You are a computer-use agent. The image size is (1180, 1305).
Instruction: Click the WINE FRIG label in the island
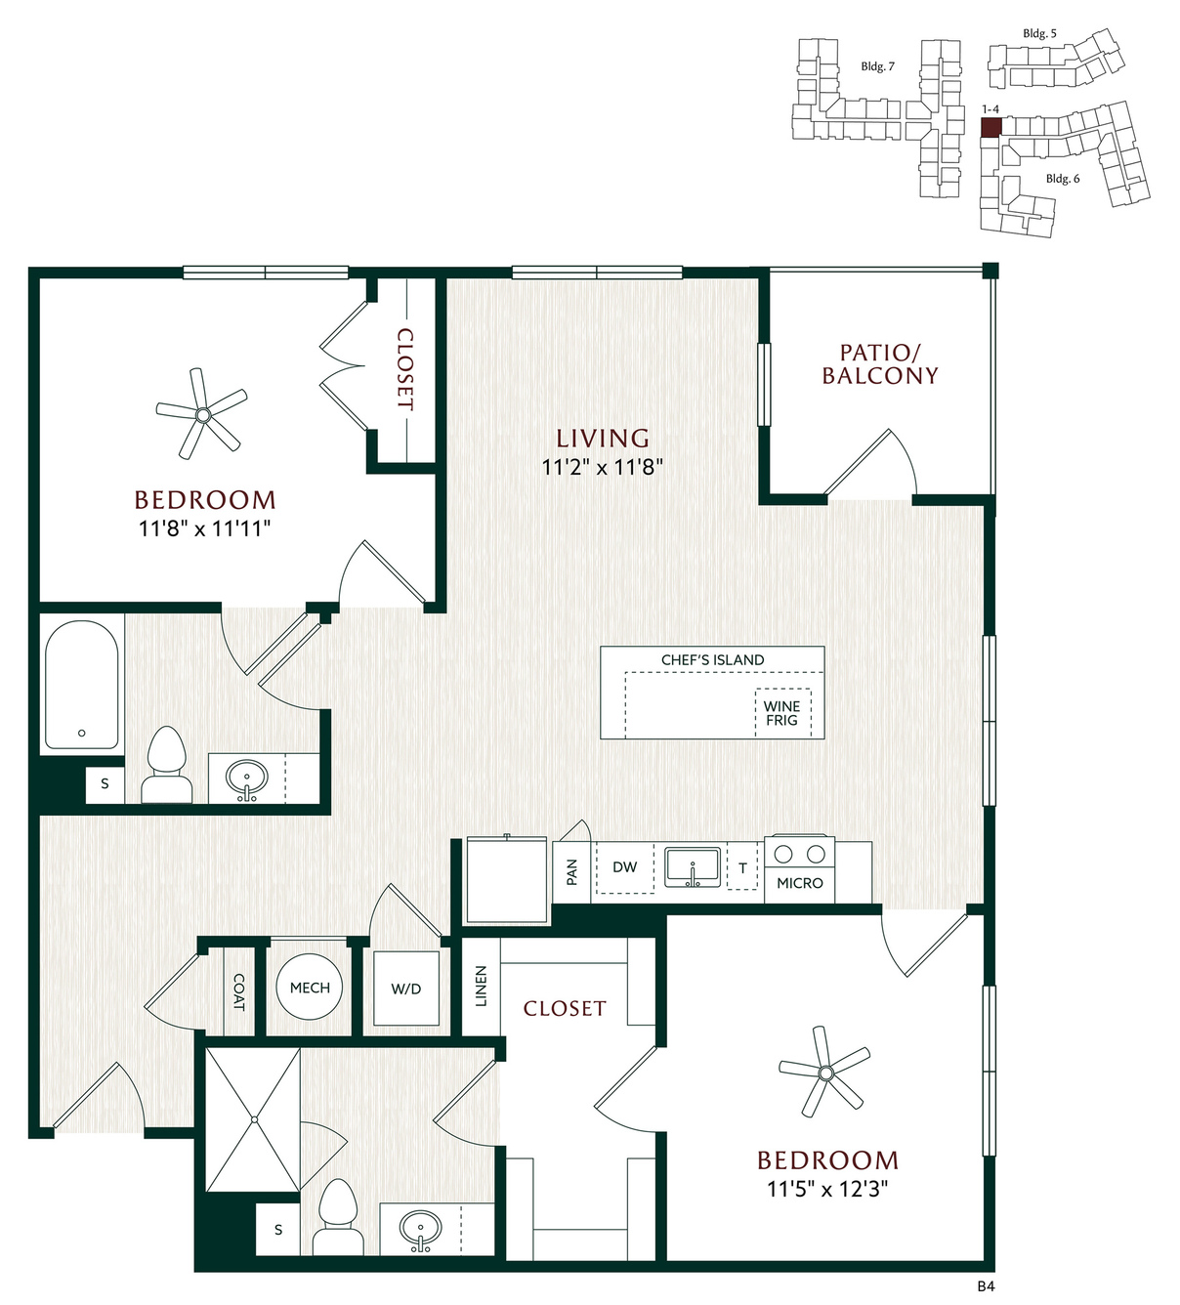coord(781,714)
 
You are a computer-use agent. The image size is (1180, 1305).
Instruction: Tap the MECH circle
coord(310,988)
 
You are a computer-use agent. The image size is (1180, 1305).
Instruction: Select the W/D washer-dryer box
coord(406,989)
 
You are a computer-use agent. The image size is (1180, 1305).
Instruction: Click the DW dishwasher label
coord(625,867)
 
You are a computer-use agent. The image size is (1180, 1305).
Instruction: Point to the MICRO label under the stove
coord(800,883)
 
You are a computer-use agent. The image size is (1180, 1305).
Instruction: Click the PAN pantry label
coord(572,872)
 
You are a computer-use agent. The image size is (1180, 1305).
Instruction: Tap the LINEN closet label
coord(481,987)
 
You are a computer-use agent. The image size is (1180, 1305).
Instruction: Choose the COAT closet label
coord(239,992)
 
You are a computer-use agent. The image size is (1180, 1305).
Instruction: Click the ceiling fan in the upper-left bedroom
coord(202,414)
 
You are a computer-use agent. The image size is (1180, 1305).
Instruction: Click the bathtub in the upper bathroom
coord(81,685)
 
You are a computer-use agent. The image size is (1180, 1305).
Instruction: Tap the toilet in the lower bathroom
coord(338,1216)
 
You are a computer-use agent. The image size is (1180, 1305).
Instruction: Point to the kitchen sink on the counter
coord(693,867)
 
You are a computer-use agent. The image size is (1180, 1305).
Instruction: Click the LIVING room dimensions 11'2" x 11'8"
coord(602,467)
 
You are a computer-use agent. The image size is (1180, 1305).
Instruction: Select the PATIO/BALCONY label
coord(880,364)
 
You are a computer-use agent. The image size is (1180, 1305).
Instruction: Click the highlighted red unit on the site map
coord(990,127)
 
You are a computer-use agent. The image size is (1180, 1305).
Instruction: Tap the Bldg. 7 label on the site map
coord(878,66)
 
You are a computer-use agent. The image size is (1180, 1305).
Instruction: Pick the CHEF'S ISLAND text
coord(713,659)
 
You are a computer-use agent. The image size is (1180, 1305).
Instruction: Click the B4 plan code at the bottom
coord(986,1286)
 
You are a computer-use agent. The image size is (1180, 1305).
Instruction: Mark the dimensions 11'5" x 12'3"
coord(827,1189)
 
